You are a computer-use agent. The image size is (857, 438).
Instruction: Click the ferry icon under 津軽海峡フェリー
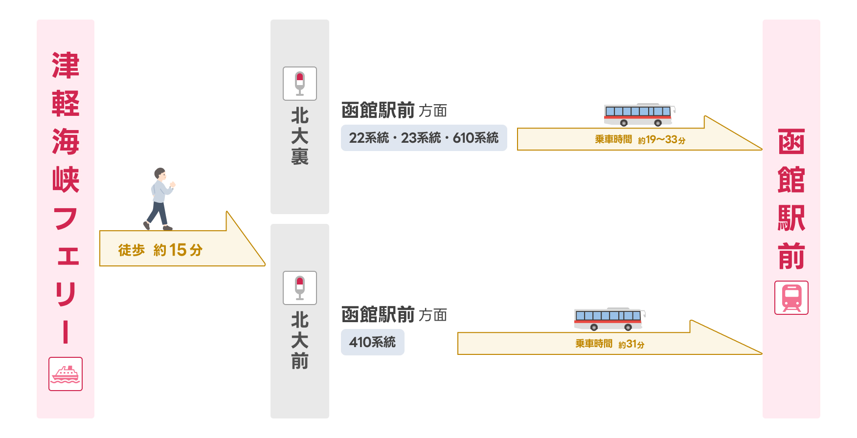[66, 374]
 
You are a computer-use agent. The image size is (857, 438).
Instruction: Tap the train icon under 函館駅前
[791, 298]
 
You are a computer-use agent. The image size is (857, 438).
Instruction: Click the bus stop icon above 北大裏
[300, 84]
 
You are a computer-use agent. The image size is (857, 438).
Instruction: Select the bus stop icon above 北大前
[300, 288]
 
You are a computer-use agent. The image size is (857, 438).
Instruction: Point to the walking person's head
[160, 174]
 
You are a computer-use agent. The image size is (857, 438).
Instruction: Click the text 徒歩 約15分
[160, 250]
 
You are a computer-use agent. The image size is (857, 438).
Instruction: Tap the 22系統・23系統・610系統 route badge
[424, 138]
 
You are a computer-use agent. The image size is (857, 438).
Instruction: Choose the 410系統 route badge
[372, 342]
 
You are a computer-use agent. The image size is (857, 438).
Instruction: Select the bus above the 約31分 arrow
[609, 319]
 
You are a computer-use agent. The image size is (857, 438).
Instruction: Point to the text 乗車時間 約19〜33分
[640, 140]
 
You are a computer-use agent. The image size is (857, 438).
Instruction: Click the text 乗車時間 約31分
[609, 344]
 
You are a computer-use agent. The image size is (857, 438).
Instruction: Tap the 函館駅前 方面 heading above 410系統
[394, 315]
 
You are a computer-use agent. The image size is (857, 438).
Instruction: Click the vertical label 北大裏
[300, 136]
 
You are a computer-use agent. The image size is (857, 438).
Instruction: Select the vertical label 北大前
[300, 341]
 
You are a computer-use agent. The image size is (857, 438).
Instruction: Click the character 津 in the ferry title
[66, 66]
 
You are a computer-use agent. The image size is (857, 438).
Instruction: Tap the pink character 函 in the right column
[791, 142]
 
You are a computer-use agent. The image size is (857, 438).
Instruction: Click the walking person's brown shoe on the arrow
[168, 228]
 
